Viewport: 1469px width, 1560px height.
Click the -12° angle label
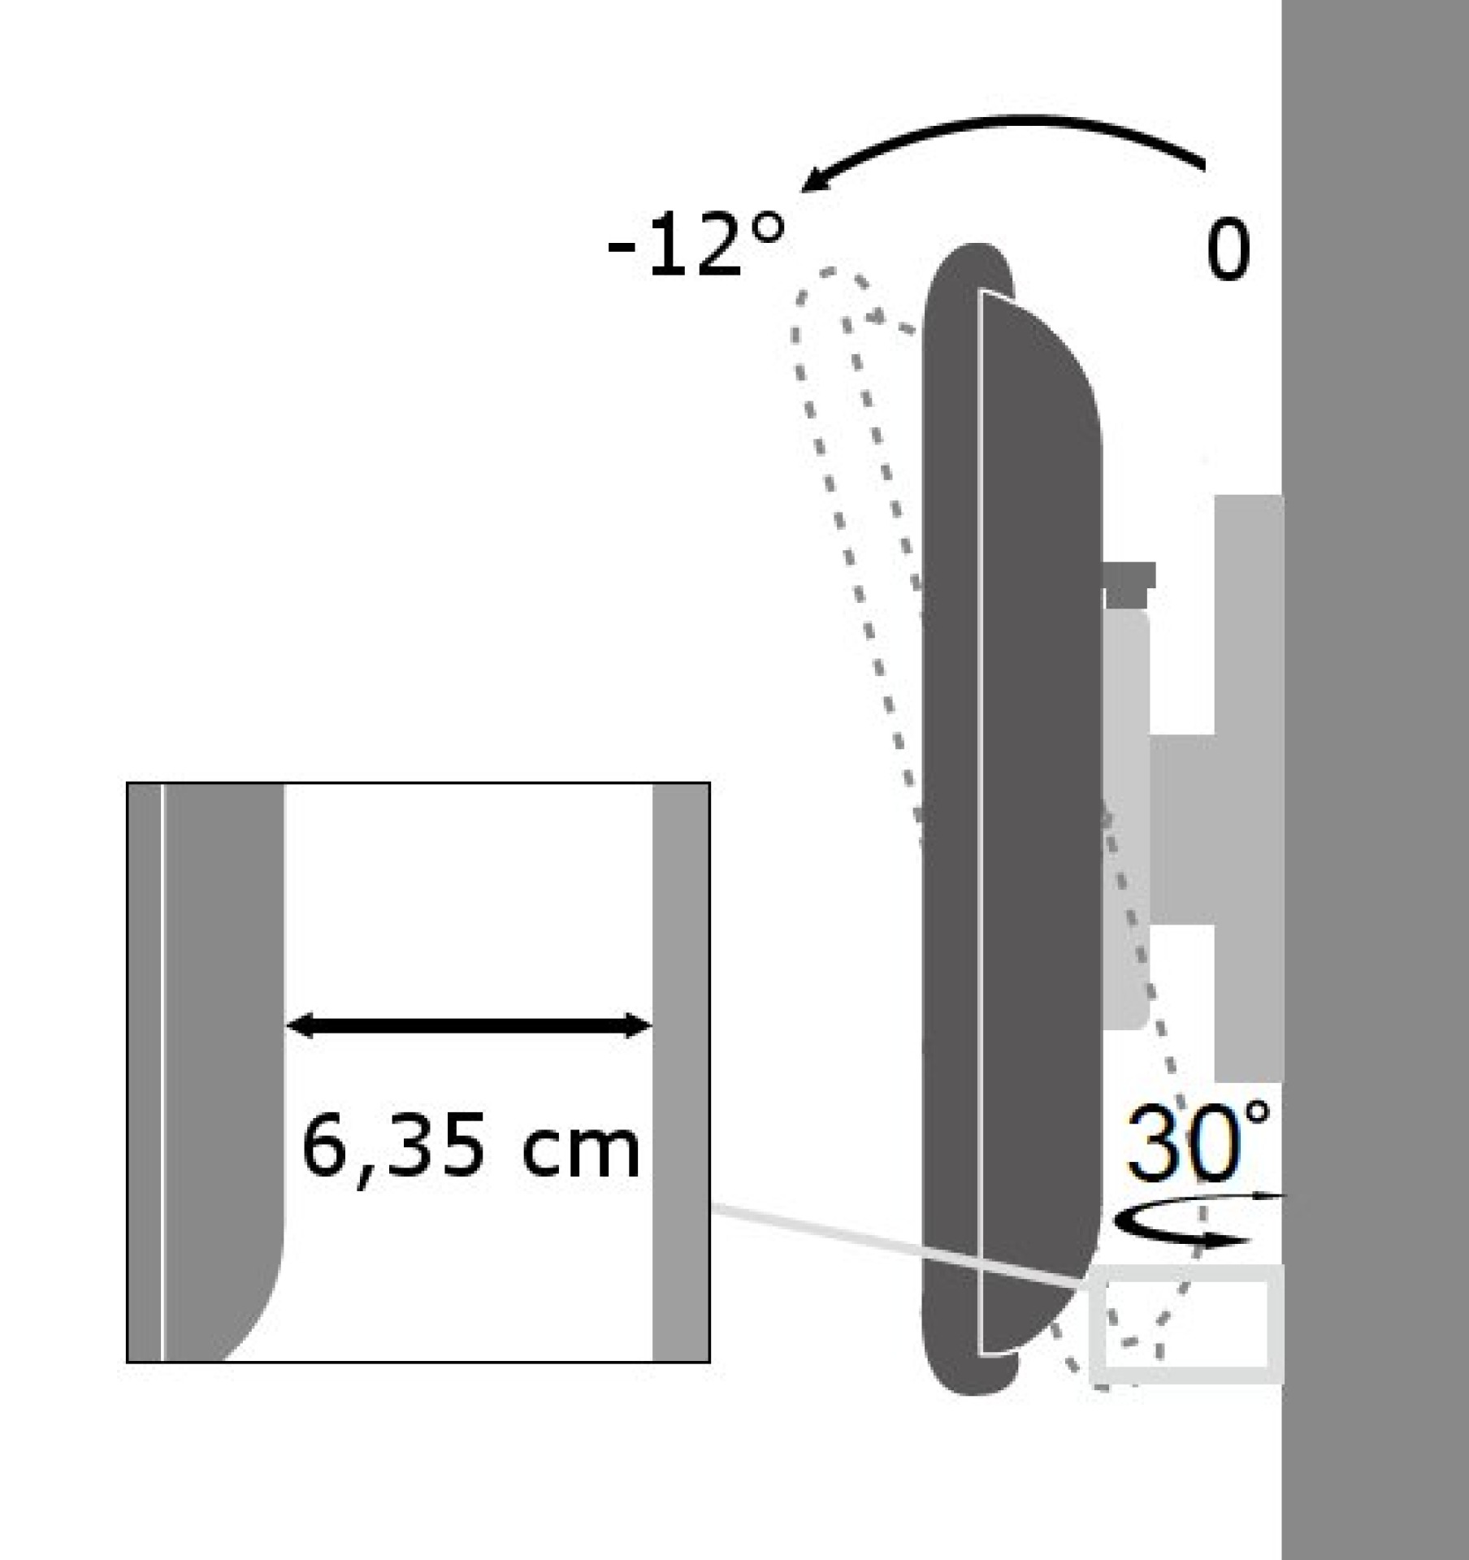[x=697, y=245]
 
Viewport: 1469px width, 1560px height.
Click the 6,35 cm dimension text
[x=470, y=1148]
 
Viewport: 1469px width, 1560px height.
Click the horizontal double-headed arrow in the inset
[x=469, y=1026]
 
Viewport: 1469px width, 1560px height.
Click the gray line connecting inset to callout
[x=894, y=1246]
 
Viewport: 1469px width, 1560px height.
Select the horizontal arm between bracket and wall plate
[x=1182, y=829]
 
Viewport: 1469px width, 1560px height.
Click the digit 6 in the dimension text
[x=323, y=1147]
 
